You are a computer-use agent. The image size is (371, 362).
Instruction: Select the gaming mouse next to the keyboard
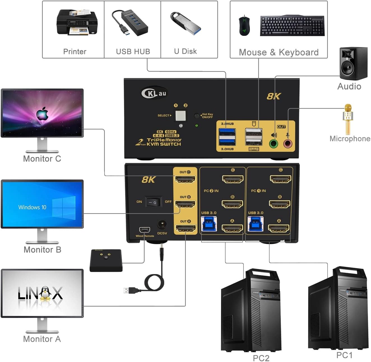click(244, 25)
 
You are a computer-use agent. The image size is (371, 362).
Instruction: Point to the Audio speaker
click(353, 64)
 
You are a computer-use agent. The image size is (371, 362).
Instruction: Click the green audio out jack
click(273, 144)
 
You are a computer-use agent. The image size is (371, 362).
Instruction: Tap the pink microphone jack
click(288, 144)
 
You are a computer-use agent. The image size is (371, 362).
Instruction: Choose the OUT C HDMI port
click(185, 179)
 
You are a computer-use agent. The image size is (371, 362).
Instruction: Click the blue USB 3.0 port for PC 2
click(209, 224)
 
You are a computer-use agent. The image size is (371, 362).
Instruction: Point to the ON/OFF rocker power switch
click(154, 202)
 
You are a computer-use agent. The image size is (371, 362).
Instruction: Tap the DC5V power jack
click(162, 225)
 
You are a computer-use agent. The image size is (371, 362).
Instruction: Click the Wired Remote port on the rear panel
click(145, 230)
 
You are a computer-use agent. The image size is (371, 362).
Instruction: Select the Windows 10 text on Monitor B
click(32, 207)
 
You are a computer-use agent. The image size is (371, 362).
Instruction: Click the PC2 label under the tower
click(261, 358)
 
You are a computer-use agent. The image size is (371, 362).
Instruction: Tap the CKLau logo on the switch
click(154, 93)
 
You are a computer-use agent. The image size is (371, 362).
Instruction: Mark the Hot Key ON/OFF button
click(197, 116)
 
